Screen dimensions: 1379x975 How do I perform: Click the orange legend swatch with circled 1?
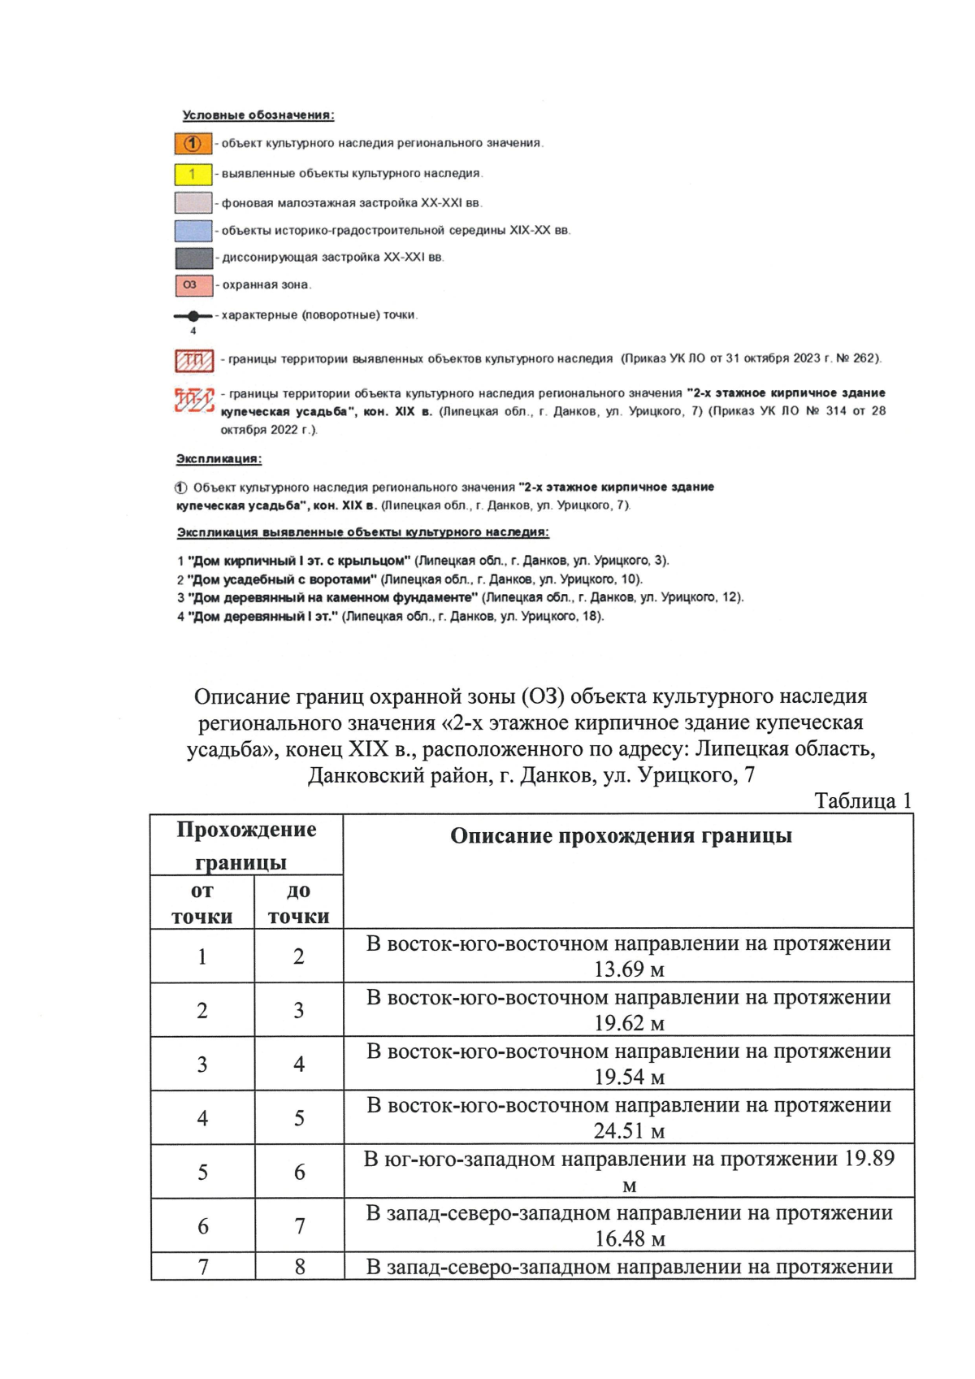click(193, 144)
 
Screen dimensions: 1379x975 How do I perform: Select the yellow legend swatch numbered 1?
click(193, 174)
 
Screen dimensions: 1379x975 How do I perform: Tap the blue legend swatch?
click(193, 231)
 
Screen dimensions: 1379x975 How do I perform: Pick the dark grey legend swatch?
click(193, 258)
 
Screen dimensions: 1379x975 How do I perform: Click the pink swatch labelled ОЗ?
click(193, 285)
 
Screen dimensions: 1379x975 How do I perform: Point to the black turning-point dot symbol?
click(193, 315)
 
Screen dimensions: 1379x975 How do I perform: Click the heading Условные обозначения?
click(258, 115)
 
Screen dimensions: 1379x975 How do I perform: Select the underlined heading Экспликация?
click(219, 459)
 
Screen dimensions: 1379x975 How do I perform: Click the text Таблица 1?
click(863, 800)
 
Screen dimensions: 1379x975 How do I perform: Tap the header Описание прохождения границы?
click(621, 835)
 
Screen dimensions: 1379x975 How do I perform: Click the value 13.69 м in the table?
click(629, 969)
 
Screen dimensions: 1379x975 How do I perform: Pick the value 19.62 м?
click(629, 1023)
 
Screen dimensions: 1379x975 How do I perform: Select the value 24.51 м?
click(629, 1130)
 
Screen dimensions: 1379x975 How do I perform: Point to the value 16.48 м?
click(629, 1238)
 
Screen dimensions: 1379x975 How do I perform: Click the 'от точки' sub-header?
click(202, 903)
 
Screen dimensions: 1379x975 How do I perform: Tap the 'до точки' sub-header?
click(298, 903)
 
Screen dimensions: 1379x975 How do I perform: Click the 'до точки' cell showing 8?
click(299, 1266)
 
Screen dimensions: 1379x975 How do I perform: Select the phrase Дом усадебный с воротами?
click(282, 579)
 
